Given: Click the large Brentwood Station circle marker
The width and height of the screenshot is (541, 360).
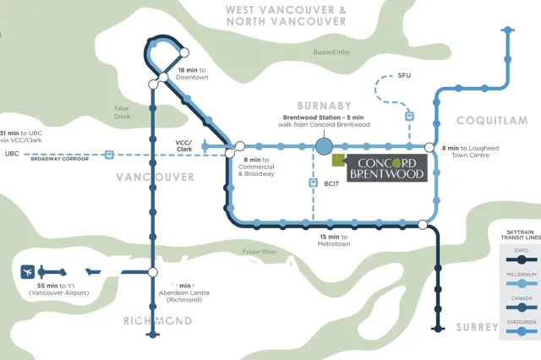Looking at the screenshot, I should click(324, 147).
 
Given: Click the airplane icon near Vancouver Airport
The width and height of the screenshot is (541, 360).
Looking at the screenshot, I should click(29, 272).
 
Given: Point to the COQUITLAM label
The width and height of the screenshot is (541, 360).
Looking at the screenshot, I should click(492, 121).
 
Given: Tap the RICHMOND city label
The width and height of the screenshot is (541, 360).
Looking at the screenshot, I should click(157, 321).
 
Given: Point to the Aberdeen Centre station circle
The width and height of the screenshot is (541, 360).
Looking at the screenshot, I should click(153, 272).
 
